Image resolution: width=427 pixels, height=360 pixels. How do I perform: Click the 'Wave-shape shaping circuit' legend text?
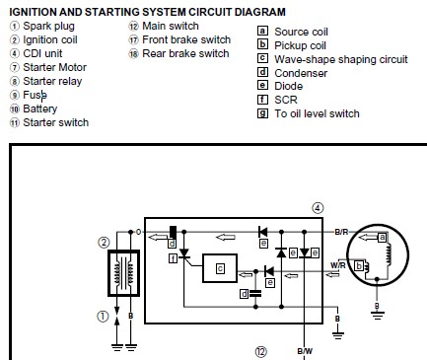341,59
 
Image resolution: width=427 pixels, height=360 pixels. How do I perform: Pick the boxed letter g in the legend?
262,113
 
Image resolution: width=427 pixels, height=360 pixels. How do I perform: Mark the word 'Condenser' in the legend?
301,73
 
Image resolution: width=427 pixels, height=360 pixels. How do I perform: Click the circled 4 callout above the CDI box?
318,208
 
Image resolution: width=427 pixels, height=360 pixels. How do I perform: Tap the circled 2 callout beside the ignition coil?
104,243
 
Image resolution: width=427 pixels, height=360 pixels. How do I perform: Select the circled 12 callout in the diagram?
261,352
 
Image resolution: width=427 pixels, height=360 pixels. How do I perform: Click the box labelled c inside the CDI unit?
220,268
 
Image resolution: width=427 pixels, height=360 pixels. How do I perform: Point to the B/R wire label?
341,232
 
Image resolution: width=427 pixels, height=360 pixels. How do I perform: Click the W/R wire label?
338,265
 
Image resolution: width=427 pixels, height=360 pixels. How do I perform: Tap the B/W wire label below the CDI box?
305,351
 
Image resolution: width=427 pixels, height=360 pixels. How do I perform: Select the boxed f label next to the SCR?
173,258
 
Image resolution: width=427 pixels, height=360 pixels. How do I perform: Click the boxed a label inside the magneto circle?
382,238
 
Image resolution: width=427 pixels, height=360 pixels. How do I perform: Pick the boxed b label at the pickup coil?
359,265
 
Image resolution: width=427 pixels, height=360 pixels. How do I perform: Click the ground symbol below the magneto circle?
378,315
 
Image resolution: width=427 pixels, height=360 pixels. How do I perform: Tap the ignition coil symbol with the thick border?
124,273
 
